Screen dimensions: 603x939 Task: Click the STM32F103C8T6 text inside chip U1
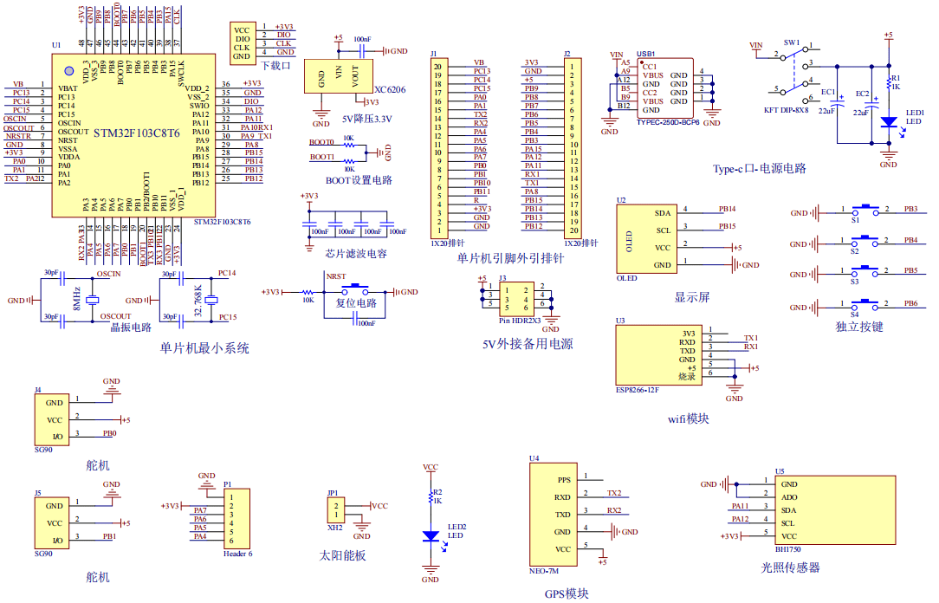[136, 133]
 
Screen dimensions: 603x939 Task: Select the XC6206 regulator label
[389, 89]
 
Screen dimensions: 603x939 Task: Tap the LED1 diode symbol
[888, 123]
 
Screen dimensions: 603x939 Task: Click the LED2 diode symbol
[431, 535]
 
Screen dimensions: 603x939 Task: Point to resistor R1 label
[896, 78]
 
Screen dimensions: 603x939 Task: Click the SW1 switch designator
[791, 42]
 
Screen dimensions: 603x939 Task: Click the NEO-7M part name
[544, 572]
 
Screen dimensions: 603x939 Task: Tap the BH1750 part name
[790, 548]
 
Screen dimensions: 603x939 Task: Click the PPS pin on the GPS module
[563, 479]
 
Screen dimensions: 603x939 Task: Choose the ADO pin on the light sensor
[788, 497]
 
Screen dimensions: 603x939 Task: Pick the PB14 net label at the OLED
[727, 209]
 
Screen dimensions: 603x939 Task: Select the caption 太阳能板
[342, 554]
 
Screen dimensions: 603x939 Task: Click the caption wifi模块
[689, 418]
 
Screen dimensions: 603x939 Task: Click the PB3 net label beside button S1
[910, 209]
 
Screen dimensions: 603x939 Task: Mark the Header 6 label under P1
[237, 553]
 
